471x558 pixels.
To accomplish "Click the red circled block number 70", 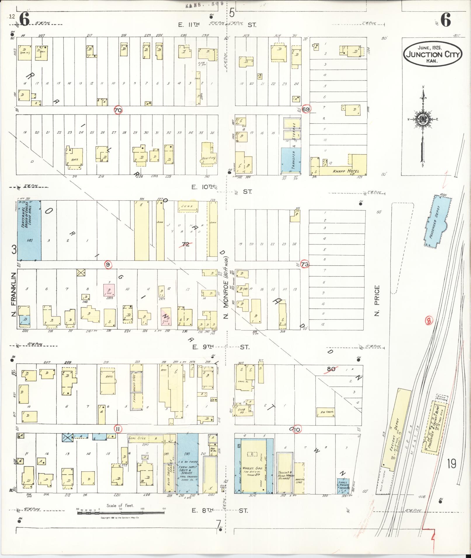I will (118, 110).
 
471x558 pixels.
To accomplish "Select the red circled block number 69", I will (306, 109).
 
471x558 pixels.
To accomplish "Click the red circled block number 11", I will (118, 428).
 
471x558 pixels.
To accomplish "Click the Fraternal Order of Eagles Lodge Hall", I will (29, 230).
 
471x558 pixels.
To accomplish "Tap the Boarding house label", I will (209, 158).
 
